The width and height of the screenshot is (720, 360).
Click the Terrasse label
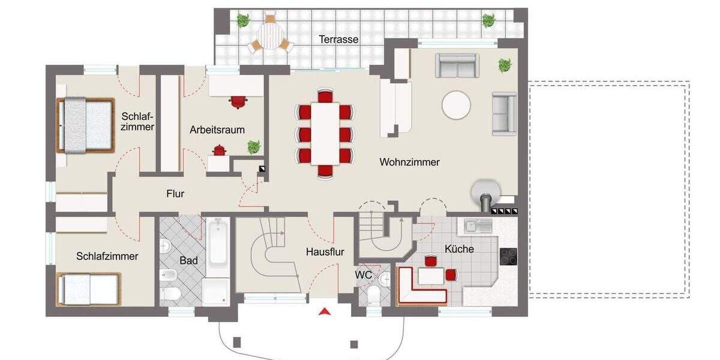pyautogui.click(x=338, y=40)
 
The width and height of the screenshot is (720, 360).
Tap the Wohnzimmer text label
pyautogui.click(x=410, y=162)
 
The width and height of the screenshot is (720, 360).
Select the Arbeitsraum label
pyautogui.click(x=217, y=130)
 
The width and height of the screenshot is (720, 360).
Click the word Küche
pyautogui.click(x=459, y=248)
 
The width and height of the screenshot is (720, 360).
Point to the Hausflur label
pyautogui.click(x=325, y=252)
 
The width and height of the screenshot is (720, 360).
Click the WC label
pyautogui.click(x=364, y=275)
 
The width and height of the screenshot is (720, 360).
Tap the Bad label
pyautogui.click(x=188, y=261)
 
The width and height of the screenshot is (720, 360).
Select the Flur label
pyautogui.click(x=175, y=194)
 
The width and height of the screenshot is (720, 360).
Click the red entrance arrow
pyautogui.click(x=325, y=311)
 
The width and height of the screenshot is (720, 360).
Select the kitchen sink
pyautogui.click(x=478, y=226)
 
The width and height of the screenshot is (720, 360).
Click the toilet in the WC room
pyautogui.click(x=374, y=293)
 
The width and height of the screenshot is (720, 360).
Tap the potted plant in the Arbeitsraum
pyautogui.click(x=254, y=146)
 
